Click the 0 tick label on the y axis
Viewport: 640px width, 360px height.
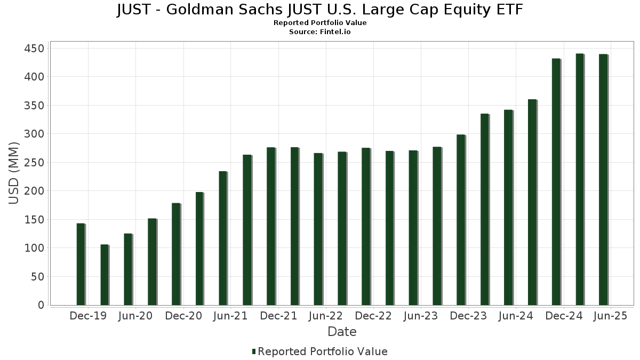pyautogui.click(x=41, y=305)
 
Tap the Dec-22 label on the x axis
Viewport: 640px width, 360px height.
pyautogui.click(x=373, y=316)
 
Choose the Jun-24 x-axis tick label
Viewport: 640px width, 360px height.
pyautogui.click(x=516, y=316)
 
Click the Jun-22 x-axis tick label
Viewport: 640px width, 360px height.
pyautogui.click(x=326, y=316)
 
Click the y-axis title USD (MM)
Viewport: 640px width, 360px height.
pyautogui.click(x=14, y=173)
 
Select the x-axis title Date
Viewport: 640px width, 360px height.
pyautogui.click(x=342, y=332)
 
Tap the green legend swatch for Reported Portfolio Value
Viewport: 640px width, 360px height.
pyautogui.click(x=254, y=351)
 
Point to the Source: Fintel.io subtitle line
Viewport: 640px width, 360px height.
pyautogui.click(x=320, y=32)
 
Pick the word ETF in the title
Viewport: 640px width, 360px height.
pyautogui.click(x=508, y=10)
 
